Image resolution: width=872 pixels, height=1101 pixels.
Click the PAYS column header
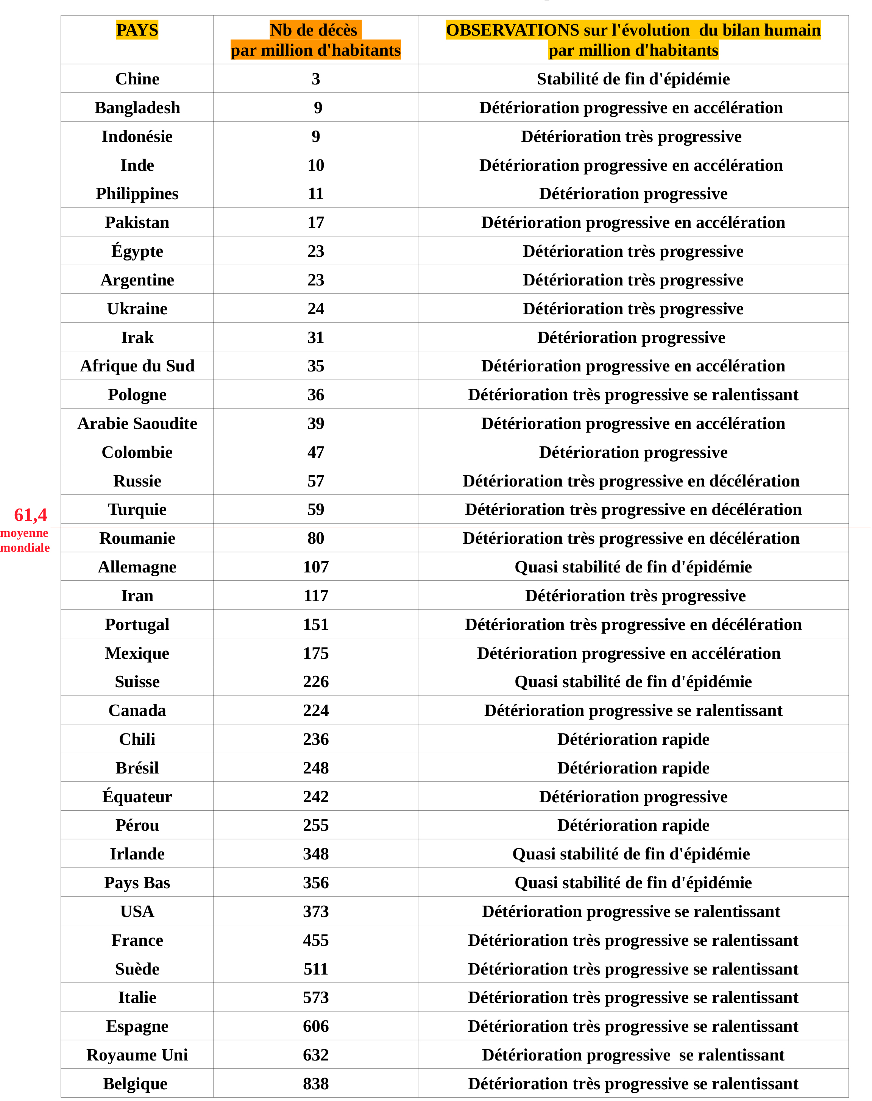point(137,30)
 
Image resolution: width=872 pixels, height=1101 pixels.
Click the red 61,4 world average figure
point(31,515)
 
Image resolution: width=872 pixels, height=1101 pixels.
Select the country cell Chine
point(137,79)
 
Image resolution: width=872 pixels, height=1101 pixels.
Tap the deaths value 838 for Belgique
point(315,1084)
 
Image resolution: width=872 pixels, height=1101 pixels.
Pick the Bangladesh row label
point(137,108)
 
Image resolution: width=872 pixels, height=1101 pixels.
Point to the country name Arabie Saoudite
point(137,424)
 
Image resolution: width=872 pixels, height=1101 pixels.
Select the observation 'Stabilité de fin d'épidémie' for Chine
point(633,79)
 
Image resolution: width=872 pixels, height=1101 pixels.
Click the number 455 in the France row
point(315,940)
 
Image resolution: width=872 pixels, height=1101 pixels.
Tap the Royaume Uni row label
point(137,1054)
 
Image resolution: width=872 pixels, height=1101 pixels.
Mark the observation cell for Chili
point(633,739)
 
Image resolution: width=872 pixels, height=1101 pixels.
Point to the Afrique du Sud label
point(137,366)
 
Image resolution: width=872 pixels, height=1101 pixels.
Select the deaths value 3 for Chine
point(315,79)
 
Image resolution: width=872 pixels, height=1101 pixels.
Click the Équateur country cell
point(137,797)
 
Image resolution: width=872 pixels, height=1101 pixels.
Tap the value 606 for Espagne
point(315,1026)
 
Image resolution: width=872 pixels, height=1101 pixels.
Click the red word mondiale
point(25,548)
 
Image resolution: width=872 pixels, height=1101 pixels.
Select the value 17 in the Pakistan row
point(315,223)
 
